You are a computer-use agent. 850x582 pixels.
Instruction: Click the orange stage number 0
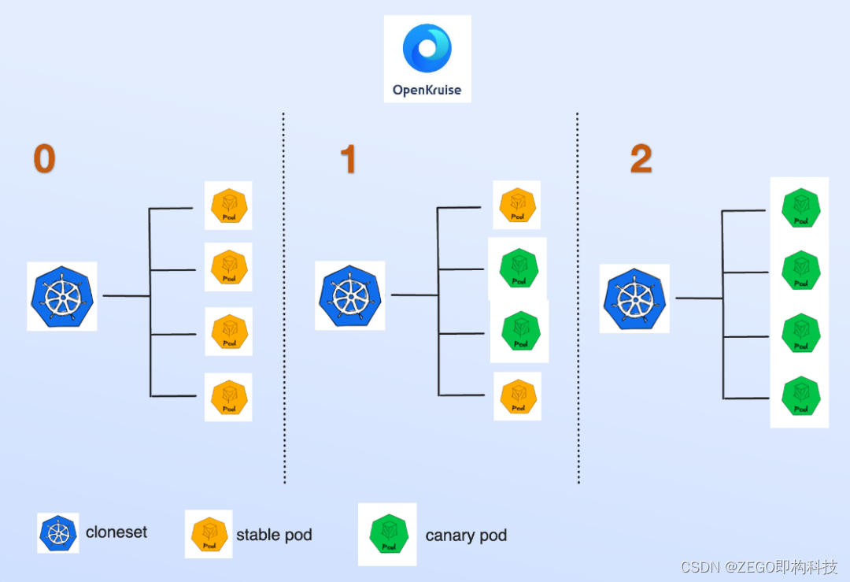point(44,159)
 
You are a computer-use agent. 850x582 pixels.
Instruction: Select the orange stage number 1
point(348,160)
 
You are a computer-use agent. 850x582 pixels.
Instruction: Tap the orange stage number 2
point(641,160)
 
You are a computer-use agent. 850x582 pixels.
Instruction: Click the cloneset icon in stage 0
point(62,296)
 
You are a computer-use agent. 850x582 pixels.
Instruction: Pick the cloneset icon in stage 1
point(350,295)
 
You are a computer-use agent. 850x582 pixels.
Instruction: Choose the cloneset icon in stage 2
point(634,298)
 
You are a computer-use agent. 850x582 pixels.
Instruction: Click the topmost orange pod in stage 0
point(228,206)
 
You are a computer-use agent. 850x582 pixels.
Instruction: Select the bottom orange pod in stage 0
point(228,397)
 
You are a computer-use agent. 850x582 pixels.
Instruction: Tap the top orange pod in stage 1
point(517,205)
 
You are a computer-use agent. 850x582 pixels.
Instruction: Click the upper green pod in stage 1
point(517,269)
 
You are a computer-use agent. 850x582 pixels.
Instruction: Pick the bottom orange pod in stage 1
point(517,396)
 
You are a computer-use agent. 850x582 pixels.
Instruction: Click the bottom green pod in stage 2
point(800,397)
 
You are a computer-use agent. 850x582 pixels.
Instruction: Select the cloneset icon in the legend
point(58,533)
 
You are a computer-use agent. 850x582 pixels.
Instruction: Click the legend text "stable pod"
point(274,536)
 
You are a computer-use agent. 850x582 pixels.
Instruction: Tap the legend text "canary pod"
point(466,536)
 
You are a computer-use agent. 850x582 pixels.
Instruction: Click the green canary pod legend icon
point(387,534)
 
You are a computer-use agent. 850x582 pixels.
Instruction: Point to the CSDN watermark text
point(759,567)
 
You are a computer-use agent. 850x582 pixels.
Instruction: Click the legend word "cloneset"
point(116,532)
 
